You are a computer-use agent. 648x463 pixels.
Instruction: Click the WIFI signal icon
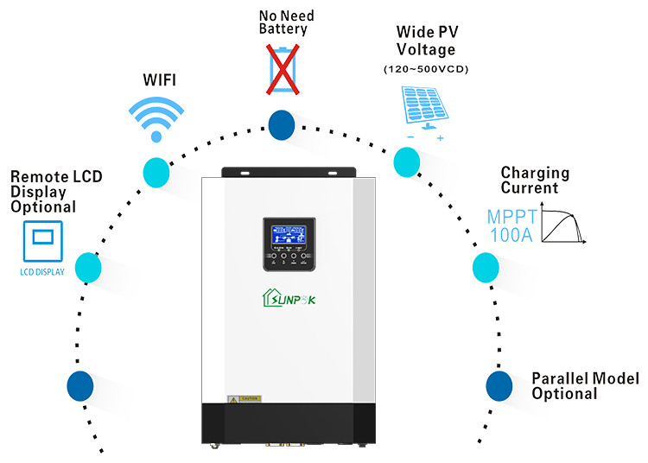[156, 117]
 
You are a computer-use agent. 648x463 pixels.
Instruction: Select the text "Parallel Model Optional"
[585, 385]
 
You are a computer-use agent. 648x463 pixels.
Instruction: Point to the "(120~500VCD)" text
[424, 68]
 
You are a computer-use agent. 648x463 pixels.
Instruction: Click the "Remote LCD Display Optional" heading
[55, 191]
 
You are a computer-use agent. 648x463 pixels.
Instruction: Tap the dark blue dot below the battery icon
[281, 124]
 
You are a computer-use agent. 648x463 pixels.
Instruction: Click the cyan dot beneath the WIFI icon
[156, 171]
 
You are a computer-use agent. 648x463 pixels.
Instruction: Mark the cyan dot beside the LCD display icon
[89, 267]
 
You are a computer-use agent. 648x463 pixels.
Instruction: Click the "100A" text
[508, 234]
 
